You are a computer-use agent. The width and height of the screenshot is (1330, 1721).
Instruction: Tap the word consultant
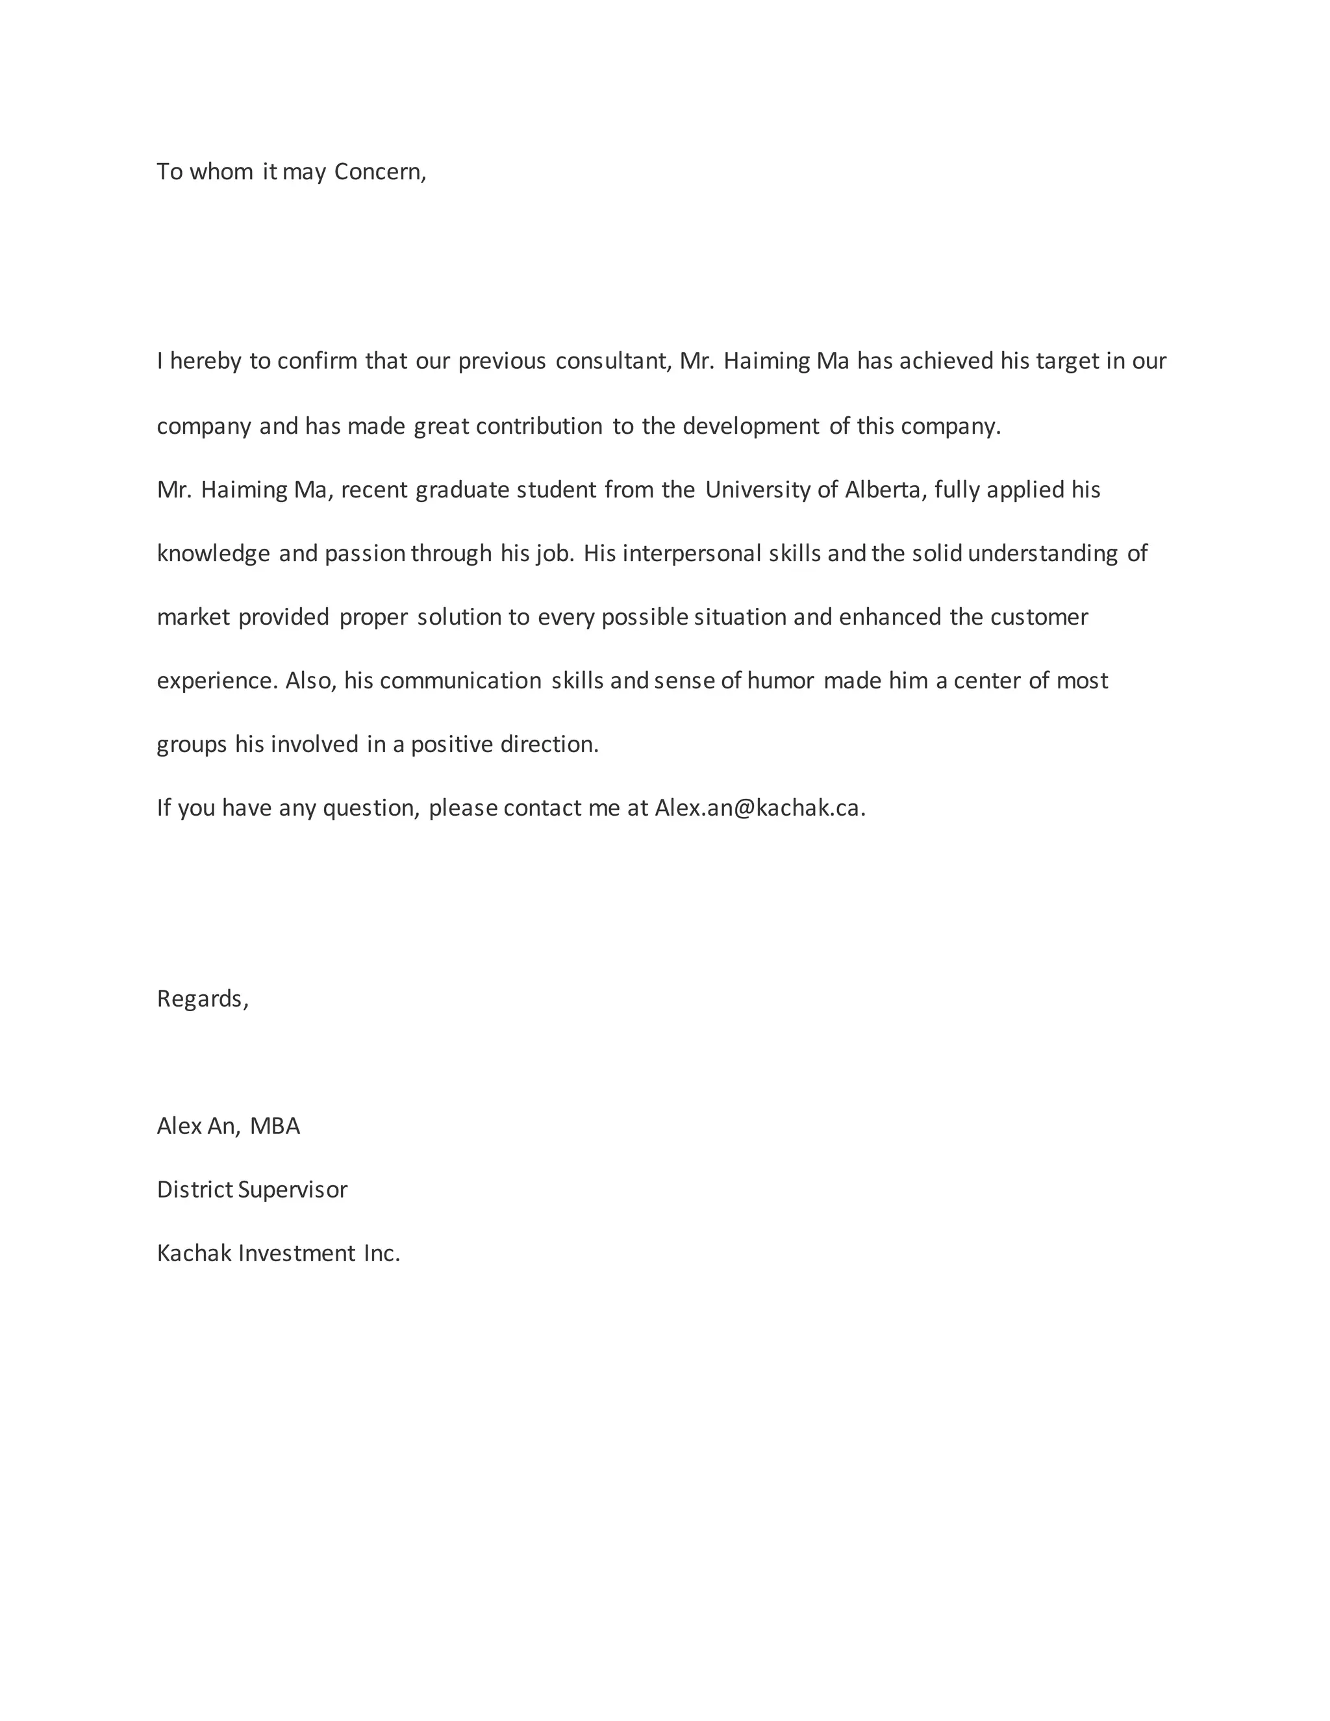pyautogui.click(x=613, y=361)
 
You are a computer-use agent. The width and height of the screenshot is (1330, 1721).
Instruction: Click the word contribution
pyautogui.click(x=539, y=426)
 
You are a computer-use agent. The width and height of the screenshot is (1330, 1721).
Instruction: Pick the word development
pyautogui.click(x=750, y=426)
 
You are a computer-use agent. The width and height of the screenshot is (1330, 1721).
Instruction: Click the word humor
pyautogui.click(x=780, y=681)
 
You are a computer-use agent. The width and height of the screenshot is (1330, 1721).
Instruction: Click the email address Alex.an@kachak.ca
pyautogui.click(x=759, y=809)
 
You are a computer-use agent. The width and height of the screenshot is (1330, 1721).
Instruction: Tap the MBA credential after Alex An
pyautogui.click(x=275, y=1126)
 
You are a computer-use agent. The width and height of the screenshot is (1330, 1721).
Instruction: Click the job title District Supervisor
pyautogui.click(x=252, y=1190)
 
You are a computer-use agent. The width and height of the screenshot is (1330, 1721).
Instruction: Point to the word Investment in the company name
pyautogui.click(x=297, y=1253)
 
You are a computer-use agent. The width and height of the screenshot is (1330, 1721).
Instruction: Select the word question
pyautogui.click(x=370, y=809)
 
